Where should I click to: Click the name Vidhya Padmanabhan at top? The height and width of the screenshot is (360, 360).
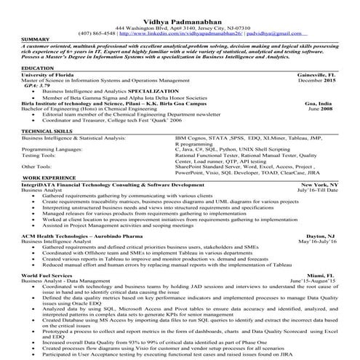click(179, 7)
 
